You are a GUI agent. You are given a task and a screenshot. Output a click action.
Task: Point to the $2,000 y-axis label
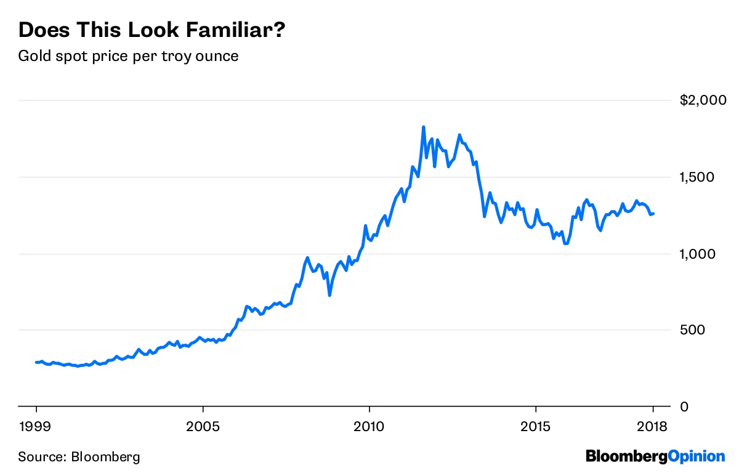(x=703, y=100)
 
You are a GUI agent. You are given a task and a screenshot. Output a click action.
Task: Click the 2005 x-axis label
(x=203, y=427)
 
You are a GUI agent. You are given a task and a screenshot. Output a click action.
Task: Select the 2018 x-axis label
(x=652, y=427)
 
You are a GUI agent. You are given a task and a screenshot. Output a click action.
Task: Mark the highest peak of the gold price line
(x=423, y=127)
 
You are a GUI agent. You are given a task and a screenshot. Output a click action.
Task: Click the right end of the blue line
(x=653, y=214)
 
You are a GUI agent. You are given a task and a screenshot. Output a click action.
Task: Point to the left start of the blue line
(x=36, y=362)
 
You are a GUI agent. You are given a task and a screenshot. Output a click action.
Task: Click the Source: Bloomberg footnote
(x=79, y=457)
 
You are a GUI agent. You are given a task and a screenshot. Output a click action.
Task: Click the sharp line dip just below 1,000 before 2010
(x=329, y=295)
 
